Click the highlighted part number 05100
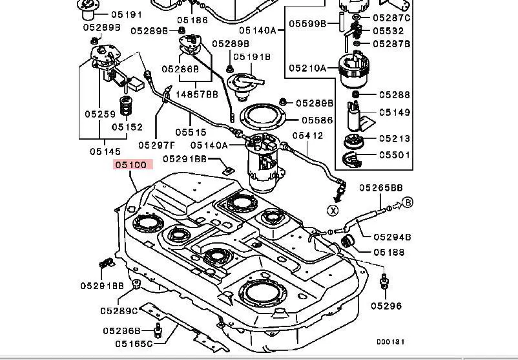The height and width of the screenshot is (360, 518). (x=133, y=165)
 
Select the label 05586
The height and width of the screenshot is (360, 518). (x=317, y=120)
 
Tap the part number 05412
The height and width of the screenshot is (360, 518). (x=308, y=136)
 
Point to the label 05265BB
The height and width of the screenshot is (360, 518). (x=381, y=188)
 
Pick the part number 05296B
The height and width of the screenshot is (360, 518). (x=121, y=331)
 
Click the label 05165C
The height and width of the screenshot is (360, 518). (x=134, y=344)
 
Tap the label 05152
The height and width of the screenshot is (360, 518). (x=127, y=127)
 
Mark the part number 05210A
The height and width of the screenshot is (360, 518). (x=307, y=67)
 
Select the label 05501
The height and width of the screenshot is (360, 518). (x=395, y=155)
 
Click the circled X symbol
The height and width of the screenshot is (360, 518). (x=333, y=210)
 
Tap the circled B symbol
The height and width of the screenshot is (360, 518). (x=408, y=204)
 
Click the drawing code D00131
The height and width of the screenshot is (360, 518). (x=391, y=342)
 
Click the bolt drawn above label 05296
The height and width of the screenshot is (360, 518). (x=386, y=281)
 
